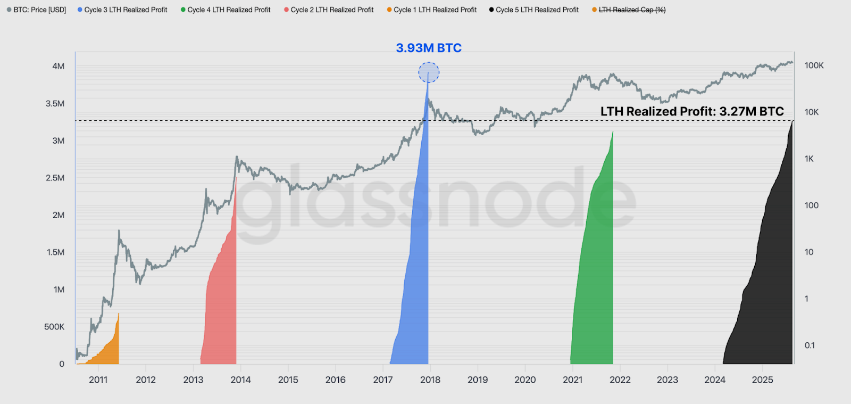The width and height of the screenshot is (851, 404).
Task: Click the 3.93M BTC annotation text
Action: point(429,48)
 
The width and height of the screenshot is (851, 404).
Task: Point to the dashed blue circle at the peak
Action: point(429,72)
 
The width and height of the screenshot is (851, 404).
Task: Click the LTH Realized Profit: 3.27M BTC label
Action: point(692,111)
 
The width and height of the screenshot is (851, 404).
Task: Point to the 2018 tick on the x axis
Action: point(430,380)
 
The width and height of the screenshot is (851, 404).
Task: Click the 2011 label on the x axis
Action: point(98,380)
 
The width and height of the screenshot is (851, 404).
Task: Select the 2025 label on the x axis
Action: point(762,380)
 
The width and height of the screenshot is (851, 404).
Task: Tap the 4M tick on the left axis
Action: point(59,66)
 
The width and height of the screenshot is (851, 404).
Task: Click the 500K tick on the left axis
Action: point(54,327)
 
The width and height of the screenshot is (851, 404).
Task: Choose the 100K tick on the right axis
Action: point(814,65)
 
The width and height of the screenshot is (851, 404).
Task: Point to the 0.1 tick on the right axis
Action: point(810,345)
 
